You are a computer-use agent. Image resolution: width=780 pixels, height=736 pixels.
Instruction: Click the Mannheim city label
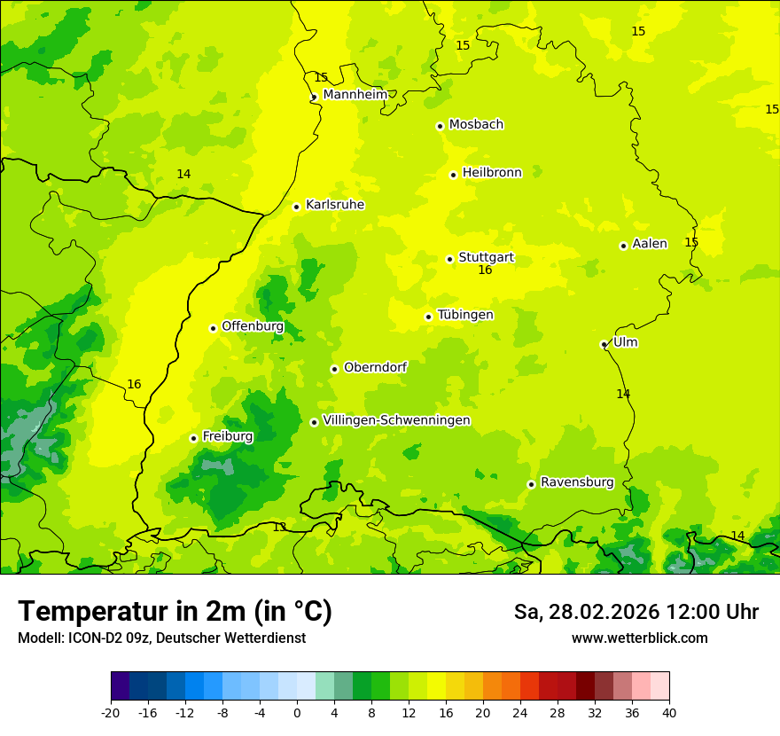click(x=355, y=95)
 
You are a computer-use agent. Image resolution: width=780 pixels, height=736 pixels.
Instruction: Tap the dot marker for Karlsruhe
click(x=297, y=207)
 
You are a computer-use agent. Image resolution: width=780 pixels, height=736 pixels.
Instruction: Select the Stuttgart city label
click(x=486, y=258)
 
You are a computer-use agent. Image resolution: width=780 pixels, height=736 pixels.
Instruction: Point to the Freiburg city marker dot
click(x=193, y=438)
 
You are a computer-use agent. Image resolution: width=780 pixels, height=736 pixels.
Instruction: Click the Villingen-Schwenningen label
click(x=396, y=420)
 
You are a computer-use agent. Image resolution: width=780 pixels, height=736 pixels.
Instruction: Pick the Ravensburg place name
click(x=577, y=482)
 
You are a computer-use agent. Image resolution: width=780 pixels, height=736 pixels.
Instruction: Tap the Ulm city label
click(x=625, y=342)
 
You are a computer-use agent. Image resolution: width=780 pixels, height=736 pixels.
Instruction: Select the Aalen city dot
click(x=623, y=246)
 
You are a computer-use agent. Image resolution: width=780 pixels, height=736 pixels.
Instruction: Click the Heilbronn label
click(x=492, y=173)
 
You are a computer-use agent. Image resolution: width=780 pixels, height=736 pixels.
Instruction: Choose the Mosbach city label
click(x=476, y=125)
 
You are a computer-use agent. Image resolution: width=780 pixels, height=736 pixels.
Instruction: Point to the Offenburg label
click(x=253, y=326)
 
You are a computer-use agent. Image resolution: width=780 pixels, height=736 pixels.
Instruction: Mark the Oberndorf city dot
click(x=334, y=369)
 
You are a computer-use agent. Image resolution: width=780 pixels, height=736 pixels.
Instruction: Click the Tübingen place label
click(x=465, y=315)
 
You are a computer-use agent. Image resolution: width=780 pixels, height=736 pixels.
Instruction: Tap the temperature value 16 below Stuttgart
click(x=485, y=270)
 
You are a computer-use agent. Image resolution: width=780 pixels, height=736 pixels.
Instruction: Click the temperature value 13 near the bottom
click(x=279, y=528)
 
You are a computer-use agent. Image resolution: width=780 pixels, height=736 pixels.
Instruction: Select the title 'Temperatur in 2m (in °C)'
click(x=175, y=612)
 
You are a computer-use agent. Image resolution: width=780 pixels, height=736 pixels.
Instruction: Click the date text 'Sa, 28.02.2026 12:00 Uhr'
click(x=636, y=612)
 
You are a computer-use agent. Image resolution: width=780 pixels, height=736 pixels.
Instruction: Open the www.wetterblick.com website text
click(x=639, y=638)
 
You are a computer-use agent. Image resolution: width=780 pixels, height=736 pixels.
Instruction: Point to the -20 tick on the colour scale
click(x=111, y=713)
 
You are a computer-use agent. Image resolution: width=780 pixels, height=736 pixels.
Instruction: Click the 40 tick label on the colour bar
click(x=669, y=713)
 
